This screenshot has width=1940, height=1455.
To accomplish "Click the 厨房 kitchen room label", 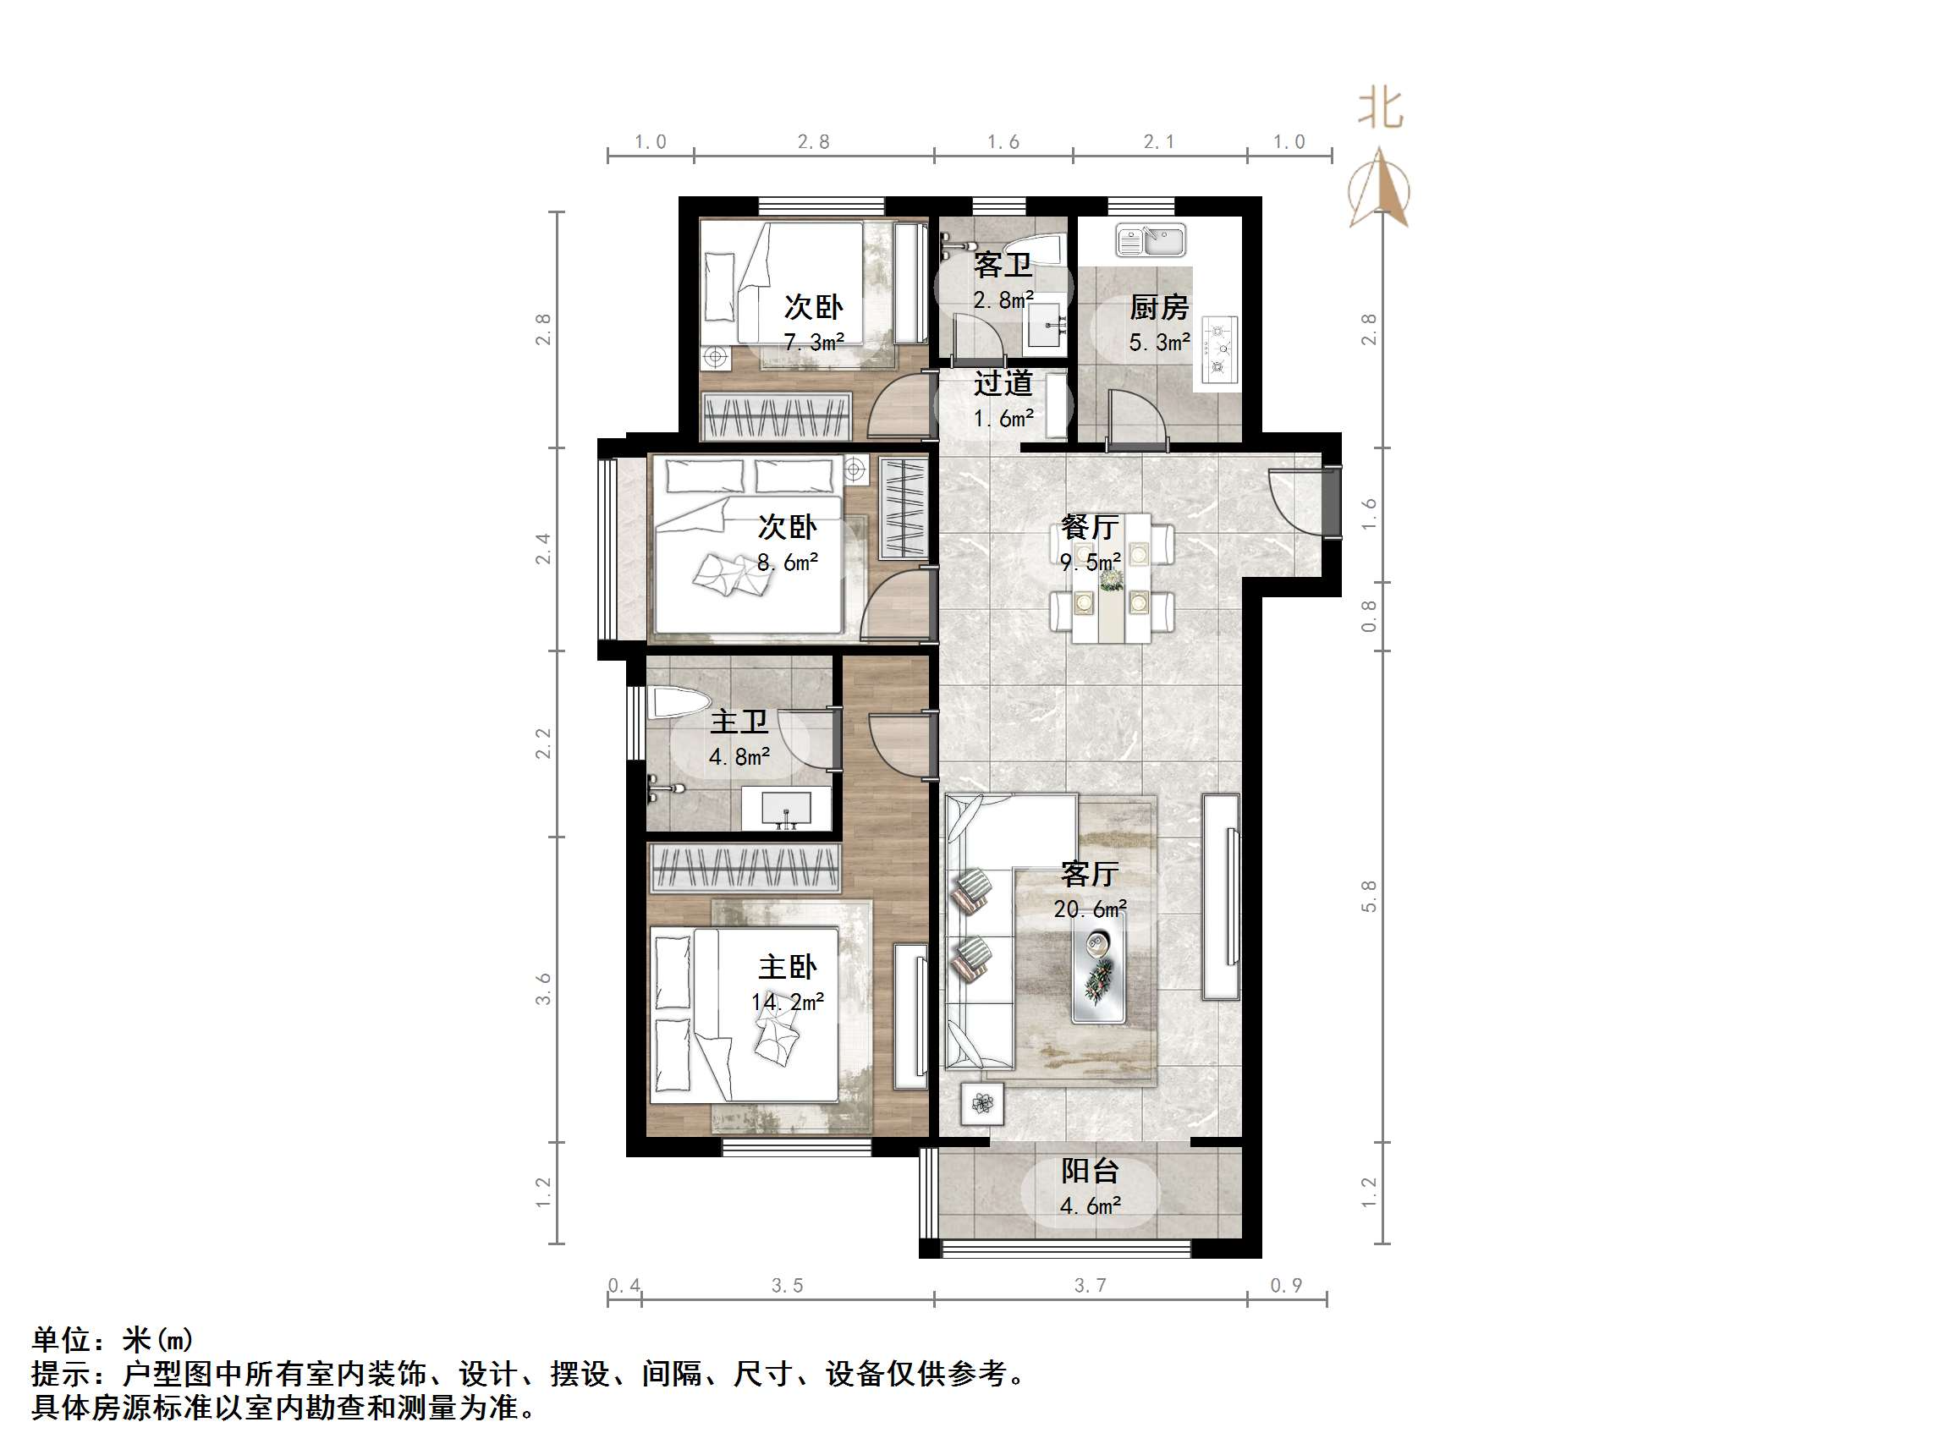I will click(x=1158, y=308).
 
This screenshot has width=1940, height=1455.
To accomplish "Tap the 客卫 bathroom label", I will click(x=1003, y=264).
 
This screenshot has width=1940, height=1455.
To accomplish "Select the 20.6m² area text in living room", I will click(x=1091, y=909).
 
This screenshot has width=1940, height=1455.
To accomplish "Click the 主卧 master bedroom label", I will click(x=787, y=968).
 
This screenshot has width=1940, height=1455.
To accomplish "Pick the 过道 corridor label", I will click(x=1003, y=383).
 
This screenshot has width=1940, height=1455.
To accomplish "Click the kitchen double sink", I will click(x=1151, y=240).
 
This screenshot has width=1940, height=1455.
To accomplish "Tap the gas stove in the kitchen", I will click(x=1218, y=350).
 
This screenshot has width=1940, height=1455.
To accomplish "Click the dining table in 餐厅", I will click(x=1112, y=577).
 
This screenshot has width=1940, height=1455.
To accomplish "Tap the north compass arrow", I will click(x=1380, y=189).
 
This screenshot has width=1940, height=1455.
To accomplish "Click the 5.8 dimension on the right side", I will click(x=1369, y=897).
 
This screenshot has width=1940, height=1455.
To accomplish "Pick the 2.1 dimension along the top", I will click(x=1158, y=142).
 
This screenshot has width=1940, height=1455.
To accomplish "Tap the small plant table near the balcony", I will click(x=981, y=1103).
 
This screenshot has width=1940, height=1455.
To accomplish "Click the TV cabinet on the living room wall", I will click(x=1221, y=897).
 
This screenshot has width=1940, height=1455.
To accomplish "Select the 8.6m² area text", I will click(x=788, y=563).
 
